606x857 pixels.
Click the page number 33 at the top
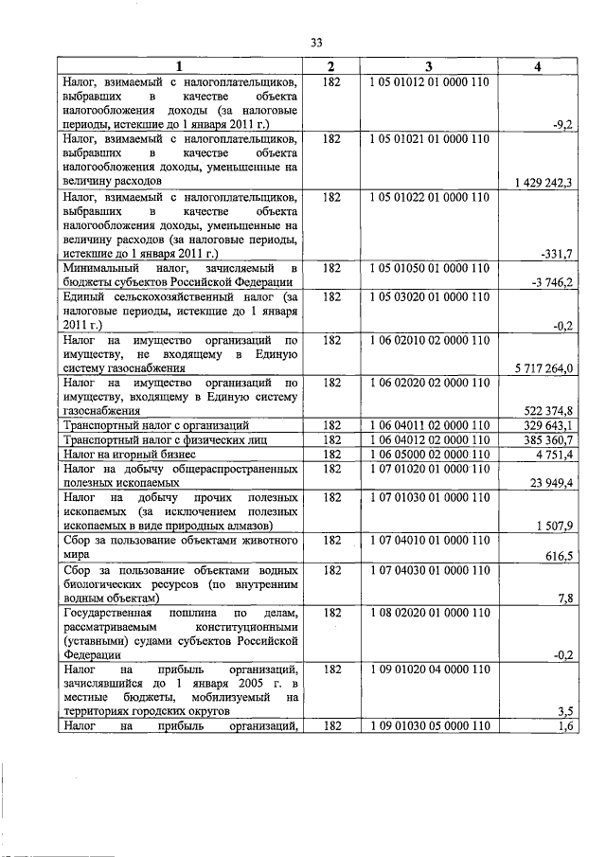pyautogui.click(x=317, y=41)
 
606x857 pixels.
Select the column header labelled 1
pyautogui.click(x=179, y=66)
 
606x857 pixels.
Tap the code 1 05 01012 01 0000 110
pyautogui.click(x=429, y=83)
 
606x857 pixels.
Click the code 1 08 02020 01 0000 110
pyautogui.click(x=429, y=613)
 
